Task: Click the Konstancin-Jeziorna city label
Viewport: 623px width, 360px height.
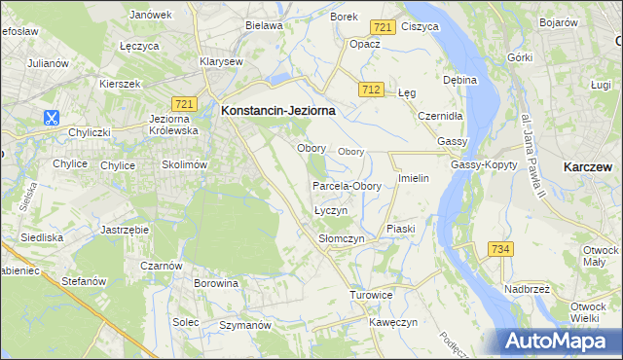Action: pos(278,111)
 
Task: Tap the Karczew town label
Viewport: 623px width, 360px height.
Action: pos(587,167)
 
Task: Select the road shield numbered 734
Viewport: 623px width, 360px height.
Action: pos(500,250)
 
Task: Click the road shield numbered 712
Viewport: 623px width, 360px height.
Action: pos(369,90)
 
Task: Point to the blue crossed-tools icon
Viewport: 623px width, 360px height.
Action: pos(51,118)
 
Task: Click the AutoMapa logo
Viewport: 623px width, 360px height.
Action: pos(560,341)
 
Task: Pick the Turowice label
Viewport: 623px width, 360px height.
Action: pos(371,294)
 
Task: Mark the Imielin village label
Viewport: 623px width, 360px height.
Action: pos(414,180)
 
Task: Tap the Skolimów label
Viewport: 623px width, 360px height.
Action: pos(185,165)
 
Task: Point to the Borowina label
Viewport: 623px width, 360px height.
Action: pos(216,284)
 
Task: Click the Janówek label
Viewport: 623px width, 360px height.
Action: pos(150,16)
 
